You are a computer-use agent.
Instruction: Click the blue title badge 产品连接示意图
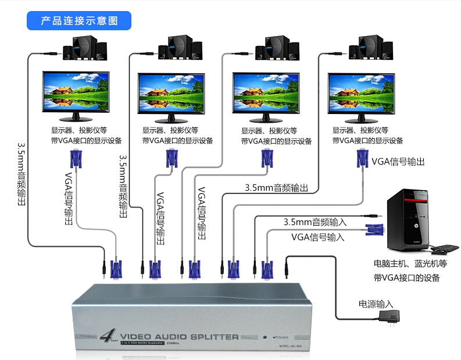click(x=80, y=20)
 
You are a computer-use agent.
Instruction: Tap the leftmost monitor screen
click(x=76, y=92)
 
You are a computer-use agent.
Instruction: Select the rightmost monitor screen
click(x=360, y=92)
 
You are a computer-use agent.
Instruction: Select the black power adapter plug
click(x=387, y=317)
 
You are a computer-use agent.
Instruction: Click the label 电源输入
click(x=376, y=304)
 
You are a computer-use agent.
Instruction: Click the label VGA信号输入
click(x=318, y=237)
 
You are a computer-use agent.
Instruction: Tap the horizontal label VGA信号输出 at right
click(x=398, y=161)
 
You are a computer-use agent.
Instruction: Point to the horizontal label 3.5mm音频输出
click(x=276, y=188)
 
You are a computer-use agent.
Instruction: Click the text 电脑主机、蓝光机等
click(x=410, y=264)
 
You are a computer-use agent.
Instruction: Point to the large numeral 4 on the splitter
click(x=106, y=336)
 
